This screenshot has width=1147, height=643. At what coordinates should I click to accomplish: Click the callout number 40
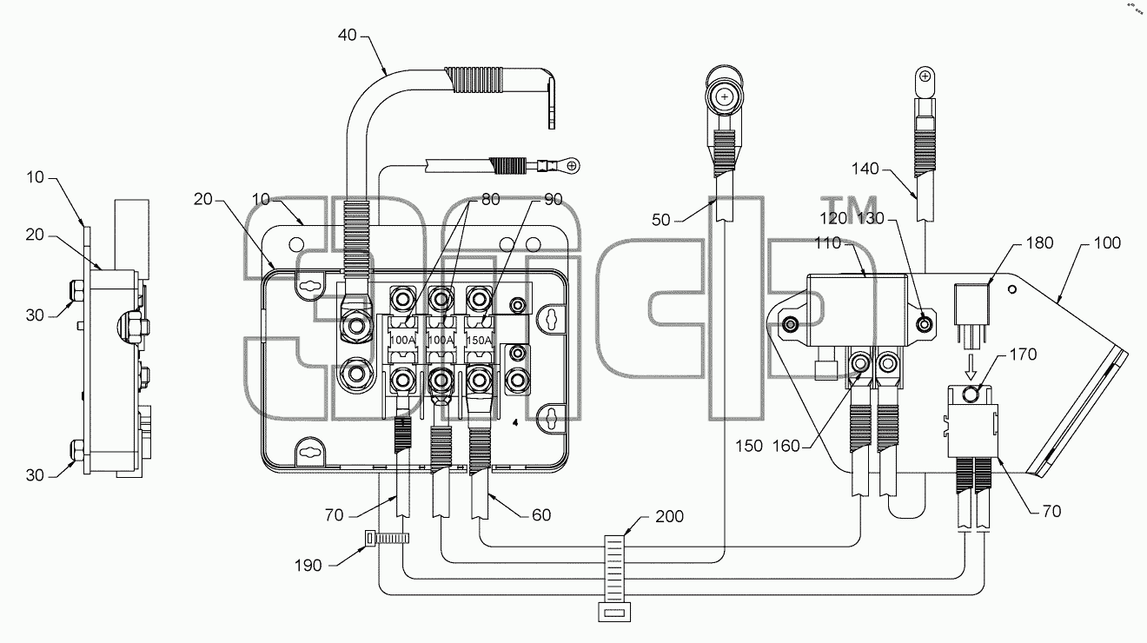(x=348, y=36)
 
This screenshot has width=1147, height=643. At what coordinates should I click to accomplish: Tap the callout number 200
(x=669, y=516)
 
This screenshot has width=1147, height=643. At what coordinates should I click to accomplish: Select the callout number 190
(x=308, y=565)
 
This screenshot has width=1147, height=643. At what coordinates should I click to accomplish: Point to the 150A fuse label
(x=480, y=340)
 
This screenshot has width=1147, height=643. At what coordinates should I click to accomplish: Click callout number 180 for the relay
(x=1039, y=242)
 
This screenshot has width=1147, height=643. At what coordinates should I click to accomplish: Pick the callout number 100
(x=1107, y=242)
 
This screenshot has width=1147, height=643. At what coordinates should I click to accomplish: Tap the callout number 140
(x=865, y=169)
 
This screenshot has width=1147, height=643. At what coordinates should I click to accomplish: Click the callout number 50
(x=660, y=220)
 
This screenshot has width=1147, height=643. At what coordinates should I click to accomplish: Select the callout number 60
(x=541, y=514)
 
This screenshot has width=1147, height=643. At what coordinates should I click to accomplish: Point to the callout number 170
(x=1023, y=355)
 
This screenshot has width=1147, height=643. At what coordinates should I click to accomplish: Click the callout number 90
(x=553, y=199)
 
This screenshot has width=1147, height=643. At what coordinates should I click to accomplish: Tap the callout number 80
(x=491, y=199)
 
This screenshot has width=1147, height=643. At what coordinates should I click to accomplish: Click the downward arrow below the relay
(x=971, y=367)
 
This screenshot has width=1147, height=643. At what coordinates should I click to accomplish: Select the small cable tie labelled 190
(x=387, y=538)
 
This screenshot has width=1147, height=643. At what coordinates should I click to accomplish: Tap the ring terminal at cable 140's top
(x=925, y=82)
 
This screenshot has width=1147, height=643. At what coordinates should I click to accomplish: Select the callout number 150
(x=749, y=446)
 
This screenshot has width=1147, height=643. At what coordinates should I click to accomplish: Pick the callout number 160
(x=786, y=446)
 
